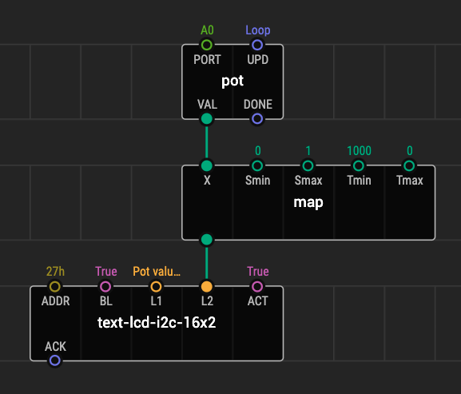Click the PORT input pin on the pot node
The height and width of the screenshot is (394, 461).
click(207, 45)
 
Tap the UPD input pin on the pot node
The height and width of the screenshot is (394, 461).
click(257, 45)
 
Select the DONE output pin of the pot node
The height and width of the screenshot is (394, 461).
click(257, 119)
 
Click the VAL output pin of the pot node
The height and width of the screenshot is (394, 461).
click(207, 119)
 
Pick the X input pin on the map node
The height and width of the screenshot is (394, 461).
click(207, 165)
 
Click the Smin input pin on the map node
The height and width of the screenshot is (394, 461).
click(257, 165)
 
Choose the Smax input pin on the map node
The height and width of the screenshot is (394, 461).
click(308, 165)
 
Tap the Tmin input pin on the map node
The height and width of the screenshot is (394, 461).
click(359, 165)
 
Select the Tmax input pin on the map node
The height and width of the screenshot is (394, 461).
click(409, 165)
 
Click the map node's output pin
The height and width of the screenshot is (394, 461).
click(207, 240)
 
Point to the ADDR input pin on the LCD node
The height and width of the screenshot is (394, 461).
click(54, 286)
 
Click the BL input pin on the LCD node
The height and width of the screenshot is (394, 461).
click(105, 286)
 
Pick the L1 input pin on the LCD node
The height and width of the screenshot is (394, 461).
click(156, 286)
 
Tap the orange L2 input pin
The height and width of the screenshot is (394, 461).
click(207, 286)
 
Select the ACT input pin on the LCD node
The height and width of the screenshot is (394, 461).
click(257, 286)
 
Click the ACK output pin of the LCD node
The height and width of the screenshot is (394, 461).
click(54, 360)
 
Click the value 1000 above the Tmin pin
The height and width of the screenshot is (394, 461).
click(359, 151)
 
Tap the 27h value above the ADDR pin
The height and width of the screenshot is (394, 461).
click(55, 272)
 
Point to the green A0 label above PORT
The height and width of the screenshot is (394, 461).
click(207, 30)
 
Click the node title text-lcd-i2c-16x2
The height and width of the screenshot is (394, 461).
click(157, 323)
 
